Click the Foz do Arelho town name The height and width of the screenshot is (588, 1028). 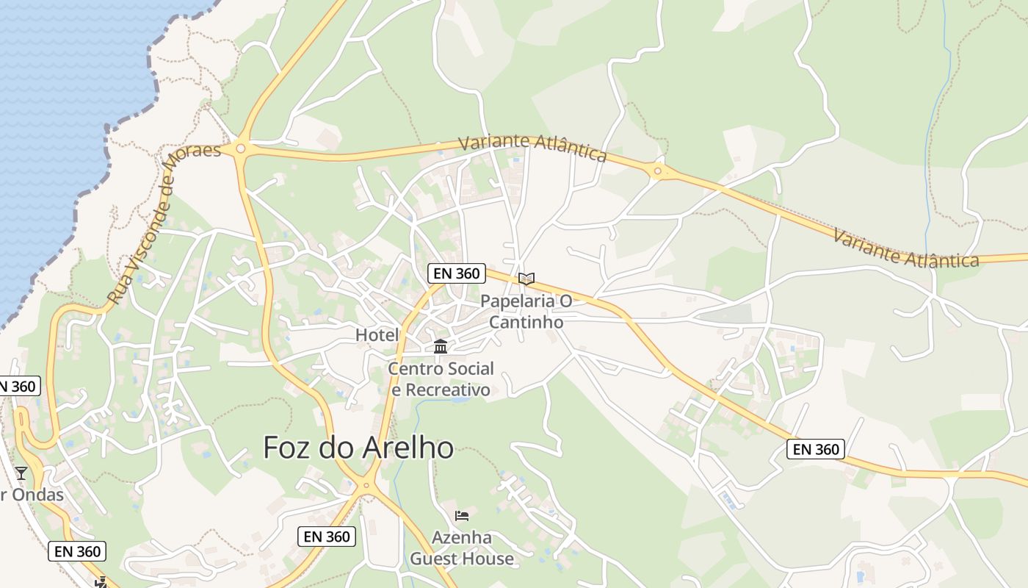pos(358,447)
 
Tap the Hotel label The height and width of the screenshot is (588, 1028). pos(377,335)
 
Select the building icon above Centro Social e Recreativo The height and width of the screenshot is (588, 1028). pos(441,346)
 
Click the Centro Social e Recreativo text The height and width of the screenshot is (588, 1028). pos(441,379)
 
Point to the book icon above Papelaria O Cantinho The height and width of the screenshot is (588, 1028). pos(526,279)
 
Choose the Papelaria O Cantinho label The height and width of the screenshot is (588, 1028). pos(526,312)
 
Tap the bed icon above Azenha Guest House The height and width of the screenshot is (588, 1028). pos(462,515)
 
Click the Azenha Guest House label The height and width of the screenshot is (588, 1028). pos(462,548)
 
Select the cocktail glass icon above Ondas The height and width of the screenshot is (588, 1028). pos(21,473)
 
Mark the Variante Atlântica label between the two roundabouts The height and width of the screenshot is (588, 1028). pos(532,148)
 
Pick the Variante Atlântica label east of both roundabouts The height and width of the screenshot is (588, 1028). pos(906,248)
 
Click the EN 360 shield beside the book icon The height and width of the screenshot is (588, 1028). pos(456,273)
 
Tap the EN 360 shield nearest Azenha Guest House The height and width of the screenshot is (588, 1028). pos(327,537)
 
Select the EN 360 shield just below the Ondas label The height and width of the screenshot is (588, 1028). pos(77,551)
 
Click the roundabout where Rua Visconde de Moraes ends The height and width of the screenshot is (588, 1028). pos(240,149)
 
